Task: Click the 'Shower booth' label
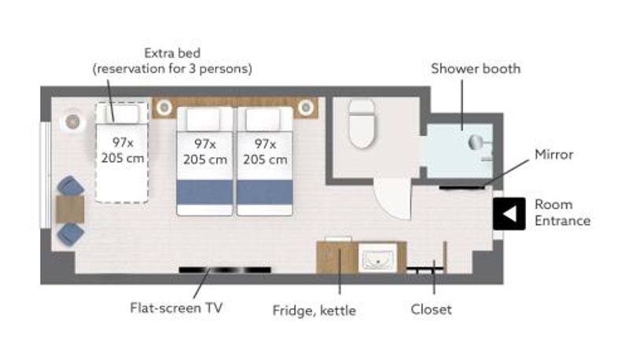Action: click(x=476, y=68)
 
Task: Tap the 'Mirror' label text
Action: click(x=554, y=154)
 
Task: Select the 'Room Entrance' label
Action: click(x=562, y=212)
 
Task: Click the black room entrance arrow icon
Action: click(x=509, y=214)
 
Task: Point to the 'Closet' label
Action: click(x=431, y=310)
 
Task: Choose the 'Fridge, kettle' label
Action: click(x=314, y=310)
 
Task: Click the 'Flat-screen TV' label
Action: click(x=176, y=308)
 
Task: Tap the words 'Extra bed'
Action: click(x=172, y=53)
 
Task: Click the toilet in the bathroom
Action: click(x=362, y=123)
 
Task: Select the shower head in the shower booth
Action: click(x=476, y=142)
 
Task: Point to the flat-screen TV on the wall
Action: click(x=225, y=270)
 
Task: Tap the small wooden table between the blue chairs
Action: click(x=70, y=209)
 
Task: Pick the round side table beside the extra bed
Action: click(x=72, y=122)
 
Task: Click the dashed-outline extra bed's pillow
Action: click(x=122, y=114)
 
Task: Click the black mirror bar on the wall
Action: click(x=462, y=187)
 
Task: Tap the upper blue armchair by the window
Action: click(x=71, y=186)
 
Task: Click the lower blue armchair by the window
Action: click(x=71, y=234)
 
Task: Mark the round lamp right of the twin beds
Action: click(x=306, y=108)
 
